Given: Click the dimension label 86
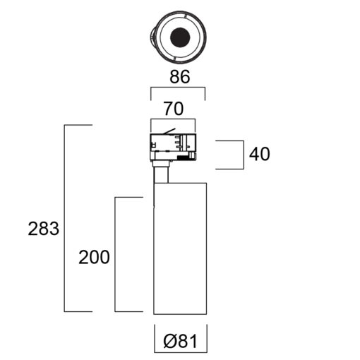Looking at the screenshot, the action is pos(180,77).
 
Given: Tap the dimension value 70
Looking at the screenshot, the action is pos(174,109).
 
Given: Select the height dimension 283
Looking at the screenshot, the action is pos(44,229).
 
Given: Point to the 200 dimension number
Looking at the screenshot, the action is pos(94,257).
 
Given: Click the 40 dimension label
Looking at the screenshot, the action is pos(260,154).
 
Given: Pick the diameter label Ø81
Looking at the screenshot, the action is pos(180,342).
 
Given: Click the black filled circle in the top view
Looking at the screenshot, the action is pos(180,37).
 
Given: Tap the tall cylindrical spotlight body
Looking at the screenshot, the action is pos(180,248).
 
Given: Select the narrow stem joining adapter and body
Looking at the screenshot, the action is pos(161,174).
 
